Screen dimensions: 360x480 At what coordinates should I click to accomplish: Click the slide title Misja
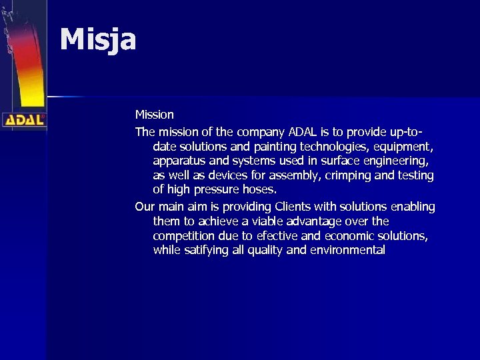tap(98, 39)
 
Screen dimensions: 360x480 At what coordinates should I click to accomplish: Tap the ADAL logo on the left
tap(23, 120)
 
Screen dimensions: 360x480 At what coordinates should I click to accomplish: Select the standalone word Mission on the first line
tap(154, 115)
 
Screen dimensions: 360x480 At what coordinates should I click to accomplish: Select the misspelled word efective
tap(277, 236)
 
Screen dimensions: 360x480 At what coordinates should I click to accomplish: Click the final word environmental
tap(347, 251)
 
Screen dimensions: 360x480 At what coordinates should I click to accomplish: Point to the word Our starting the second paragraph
tap(145, 207)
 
